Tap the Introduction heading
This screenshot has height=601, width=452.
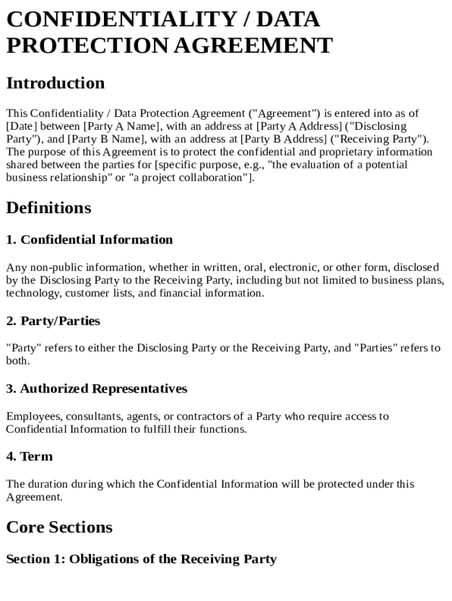[x=55, y=83]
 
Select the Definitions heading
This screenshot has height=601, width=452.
[x=49, y=208]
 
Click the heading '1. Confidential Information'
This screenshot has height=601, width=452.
[x=89, y=239]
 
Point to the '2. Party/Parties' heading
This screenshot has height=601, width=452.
[x=53, y=321]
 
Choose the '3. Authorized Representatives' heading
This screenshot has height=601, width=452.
[x=96, y=389]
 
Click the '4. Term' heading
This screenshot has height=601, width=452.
[x=29, y=457]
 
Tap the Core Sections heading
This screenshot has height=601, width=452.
[x=59, y=527]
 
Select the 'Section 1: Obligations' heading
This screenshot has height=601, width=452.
[x=141, y=559]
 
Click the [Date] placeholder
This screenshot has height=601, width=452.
[x=22, y=126]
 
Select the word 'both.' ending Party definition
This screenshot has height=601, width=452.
[x=18, y=361]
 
